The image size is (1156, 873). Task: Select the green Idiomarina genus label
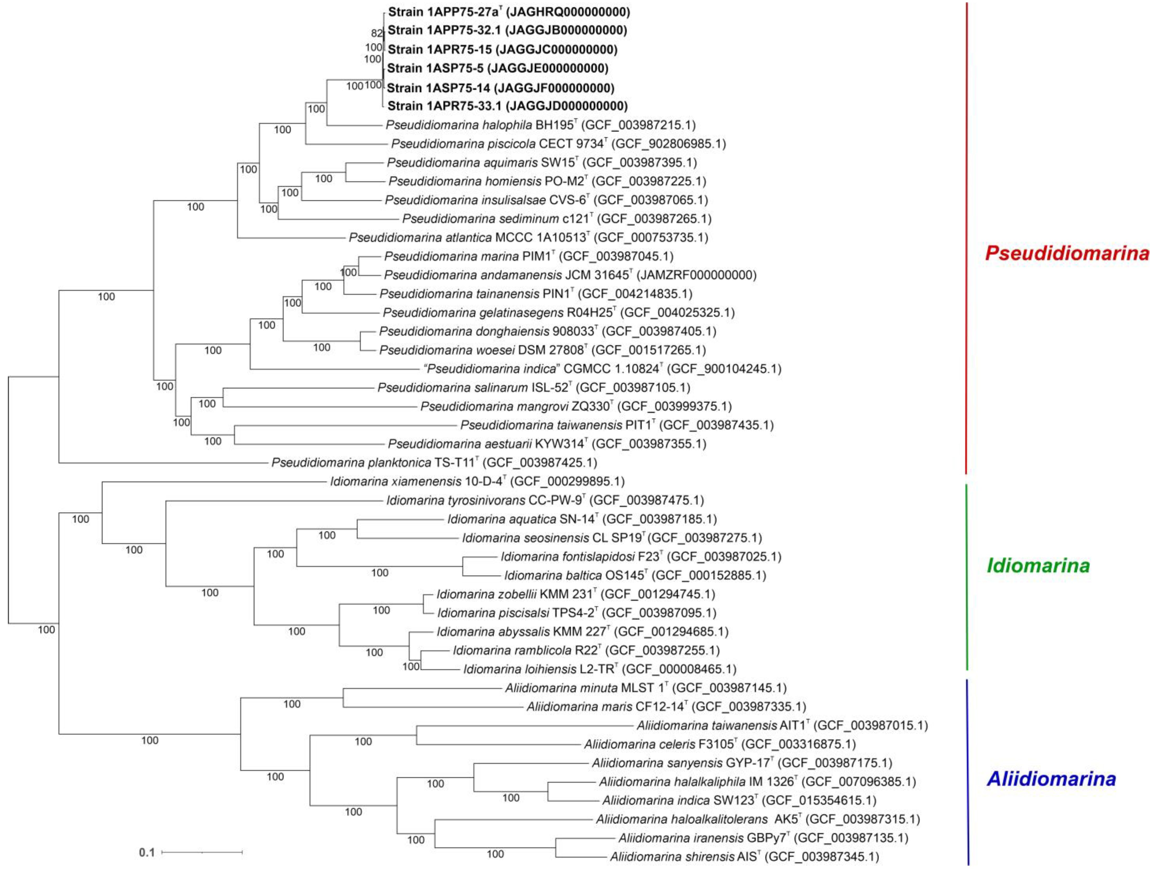[x=1038, y=566]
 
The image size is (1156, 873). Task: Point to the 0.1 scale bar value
[x=147, y=853]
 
